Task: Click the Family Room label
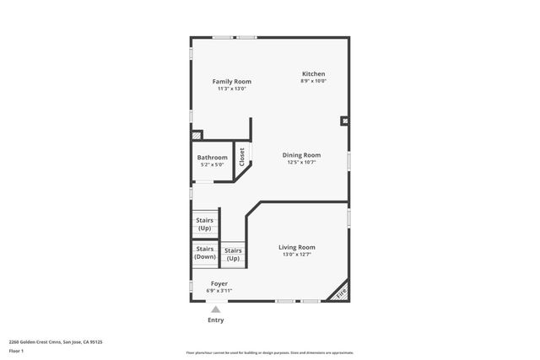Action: (x=231, y=82)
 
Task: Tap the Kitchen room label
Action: (x=313, y=74)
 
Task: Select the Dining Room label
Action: (x=301, y=155)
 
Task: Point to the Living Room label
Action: (x=297, y=247)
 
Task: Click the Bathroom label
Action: (x=212, y=158)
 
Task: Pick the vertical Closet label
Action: (x=242, y=156)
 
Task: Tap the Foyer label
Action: (x=219, y=283)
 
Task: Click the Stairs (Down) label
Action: (x=205, y=252)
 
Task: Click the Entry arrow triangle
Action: (x=216, y=309)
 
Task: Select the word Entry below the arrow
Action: (x=216, y=320)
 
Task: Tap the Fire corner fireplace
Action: (x=341, y=293)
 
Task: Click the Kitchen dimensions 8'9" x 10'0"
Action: (x=313, y=81)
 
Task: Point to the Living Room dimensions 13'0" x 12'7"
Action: (x=297, y=254)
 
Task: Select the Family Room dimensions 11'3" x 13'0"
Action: (x=231, y=89)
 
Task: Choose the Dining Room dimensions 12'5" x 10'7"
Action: (x=301, y=163)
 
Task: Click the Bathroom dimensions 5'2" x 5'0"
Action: (x=212, y=164)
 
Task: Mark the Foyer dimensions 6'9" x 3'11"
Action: (x=219, y=290)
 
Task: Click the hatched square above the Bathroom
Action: (x=197, y=134)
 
